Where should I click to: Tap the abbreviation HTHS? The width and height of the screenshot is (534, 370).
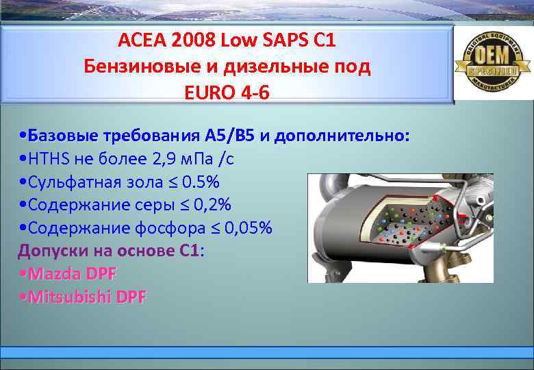47,159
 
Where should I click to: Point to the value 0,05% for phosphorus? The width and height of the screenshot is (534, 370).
246,227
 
